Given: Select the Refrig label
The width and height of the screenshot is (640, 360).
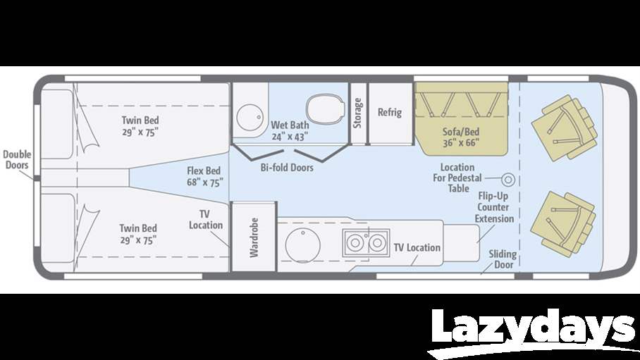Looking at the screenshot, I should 390,112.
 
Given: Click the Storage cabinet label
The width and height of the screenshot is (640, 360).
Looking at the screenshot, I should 358,113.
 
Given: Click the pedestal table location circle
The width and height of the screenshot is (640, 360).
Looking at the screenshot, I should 507,178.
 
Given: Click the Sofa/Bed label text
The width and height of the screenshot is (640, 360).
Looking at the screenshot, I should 461,136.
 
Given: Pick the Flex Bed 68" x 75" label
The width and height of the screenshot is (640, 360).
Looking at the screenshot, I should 204,177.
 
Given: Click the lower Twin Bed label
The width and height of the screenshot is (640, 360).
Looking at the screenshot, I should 137,234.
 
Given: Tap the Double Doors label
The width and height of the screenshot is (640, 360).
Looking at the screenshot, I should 16,159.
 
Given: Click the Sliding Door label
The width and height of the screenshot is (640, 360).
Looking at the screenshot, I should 503,259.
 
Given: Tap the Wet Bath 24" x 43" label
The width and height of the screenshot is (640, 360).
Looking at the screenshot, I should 289,131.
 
